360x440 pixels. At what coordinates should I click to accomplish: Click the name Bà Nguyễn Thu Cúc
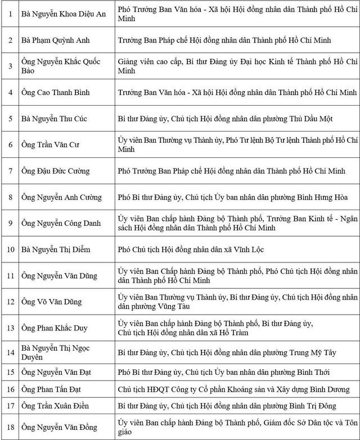(x=55, y=118)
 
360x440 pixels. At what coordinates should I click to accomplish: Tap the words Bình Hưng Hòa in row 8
(x=323, y=197)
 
